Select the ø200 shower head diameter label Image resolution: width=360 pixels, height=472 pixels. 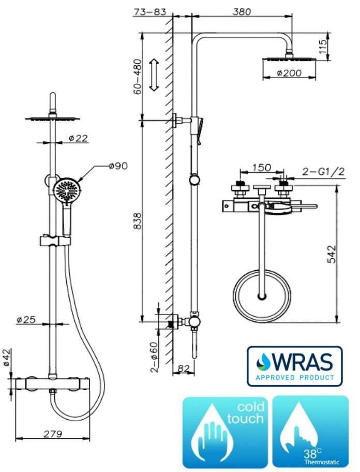[289, 73]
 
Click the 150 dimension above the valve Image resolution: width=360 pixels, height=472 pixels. [261, 168]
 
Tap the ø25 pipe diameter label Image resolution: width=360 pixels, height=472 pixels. [26, 320]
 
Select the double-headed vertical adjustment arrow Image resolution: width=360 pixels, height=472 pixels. [154, 76]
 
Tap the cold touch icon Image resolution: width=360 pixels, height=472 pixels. [226, 432]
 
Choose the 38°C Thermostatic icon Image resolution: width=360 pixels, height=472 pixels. [310, 432]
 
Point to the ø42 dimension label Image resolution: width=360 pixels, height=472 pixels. [7, 358]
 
